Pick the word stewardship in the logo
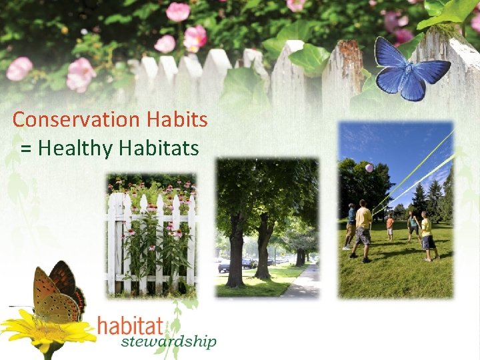169,343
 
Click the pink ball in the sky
369,167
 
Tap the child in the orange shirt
390,226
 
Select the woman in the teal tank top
413,227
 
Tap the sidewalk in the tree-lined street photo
303,283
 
